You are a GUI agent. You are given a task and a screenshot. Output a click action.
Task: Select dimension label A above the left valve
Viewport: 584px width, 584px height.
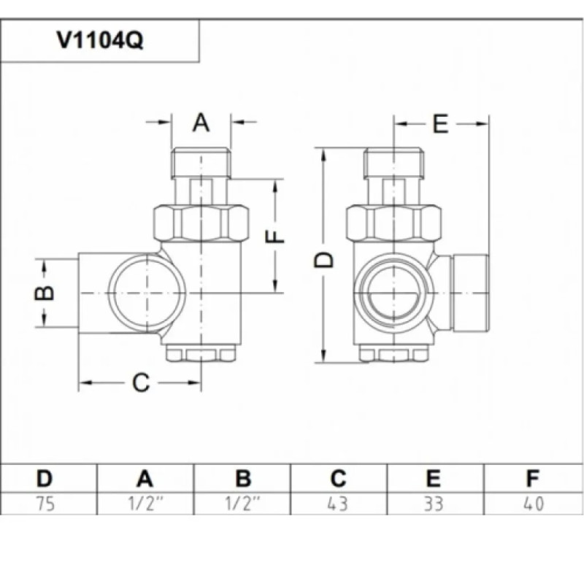201,123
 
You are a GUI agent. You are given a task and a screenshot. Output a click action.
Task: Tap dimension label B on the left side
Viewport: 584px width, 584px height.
45,292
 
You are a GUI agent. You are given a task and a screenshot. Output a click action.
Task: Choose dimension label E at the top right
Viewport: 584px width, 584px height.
439,124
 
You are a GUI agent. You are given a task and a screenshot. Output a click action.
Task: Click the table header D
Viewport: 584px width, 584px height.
45,479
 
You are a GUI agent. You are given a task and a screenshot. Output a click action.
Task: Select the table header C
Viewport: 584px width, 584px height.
337,479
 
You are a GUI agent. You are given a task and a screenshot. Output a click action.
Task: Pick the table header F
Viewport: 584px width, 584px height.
533,479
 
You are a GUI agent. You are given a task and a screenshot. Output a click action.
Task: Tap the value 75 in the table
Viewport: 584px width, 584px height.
45,504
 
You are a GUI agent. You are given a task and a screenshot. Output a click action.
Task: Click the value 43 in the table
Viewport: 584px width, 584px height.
337,504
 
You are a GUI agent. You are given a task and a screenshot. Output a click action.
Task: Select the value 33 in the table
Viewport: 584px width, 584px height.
434,504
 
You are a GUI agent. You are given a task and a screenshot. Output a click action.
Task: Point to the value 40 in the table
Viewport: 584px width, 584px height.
533,504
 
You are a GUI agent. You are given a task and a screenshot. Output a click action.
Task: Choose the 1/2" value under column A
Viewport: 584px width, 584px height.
145,504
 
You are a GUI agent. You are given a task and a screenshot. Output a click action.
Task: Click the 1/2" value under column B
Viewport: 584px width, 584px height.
244,504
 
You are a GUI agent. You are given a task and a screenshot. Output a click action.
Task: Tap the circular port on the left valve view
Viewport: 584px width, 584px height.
147,292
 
